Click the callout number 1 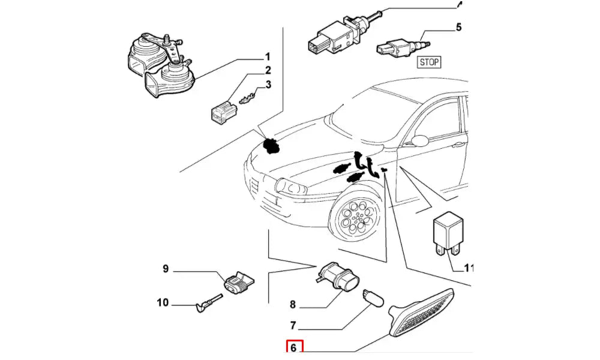[x=268, y=58]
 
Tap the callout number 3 [x=268, y=85]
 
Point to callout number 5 [x=458, y=27]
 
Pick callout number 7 [x=293, y=326]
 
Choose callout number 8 [x=293, y=305]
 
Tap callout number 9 [x=166, y=269]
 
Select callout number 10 [x=163, y=303]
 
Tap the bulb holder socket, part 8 [x=337, y=277]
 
